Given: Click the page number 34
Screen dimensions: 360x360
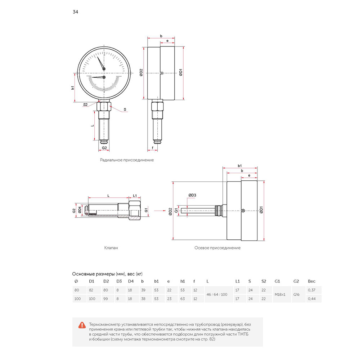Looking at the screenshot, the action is pyautogui.click(x=75, y=12).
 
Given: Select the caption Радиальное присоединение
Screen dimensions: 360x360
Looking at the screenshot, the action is pyautogui.click(x=127, y=160).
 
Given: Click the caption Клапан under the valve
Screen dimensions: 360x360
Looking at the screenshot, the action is pyautogui.click(x=111, y=248).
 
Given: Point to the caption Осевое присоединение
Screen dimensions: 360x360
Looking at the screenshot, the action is pyautogui.click(x=217, y=248).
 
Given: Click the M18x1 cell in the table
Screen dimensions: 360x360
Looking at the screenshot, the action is pyautogui.click(x=280, y=294).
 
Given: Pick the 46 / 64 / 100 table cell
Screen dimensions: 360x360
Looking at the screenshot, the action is pyautogui.click(x=217, y=294).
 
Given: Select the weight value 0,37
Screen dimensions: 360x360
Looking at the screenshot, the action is pyautogui.click(x=311, y=290).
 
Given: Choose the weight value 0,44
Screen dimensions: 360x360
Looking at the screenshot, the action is pyautogui.click(x=311, y=299).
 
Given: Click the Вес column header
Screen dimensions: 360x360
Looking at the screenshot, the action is pyautogui.click(x=311, y=281).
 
